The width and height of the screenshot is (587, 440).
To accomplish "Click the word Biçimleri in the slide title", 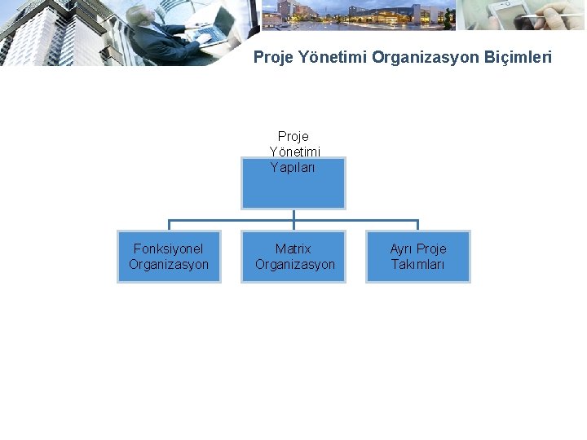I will click(x=520, y=57).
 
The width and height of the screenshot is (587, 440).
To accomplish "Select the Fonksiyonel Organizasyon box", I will click(x=169, y=257).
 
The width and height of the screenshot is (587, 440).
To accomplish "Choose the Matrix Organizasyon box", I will click(x=293, y=257).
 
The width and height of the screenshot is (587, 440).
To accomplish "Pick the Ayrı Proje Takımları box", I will click(x=417, y=257).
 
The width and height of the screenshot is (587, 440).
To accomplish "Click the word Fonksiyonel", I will click(x=169, y=249).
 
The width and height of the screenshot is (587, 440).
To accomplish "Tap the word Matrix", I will click(x=293, y=249).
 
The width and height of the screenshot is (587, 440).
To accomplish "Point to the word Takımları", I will click(x=417, y=265).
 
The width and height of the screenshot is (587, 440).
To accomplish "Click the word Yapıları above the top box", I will click(x=293, y=168).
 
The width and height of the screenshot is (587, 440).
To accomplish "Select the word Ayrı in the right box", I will click(x=401, y=249).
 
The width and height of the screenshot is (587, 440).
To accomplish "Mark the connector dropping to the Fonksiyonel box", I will click(x=169, y=225).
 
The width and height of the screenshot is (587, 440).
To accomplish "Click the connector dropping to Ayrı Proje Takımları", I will click(x=417, y=225).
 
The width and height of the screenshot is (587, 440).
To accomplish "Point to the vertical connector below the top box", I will click(x=293, y=214).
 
